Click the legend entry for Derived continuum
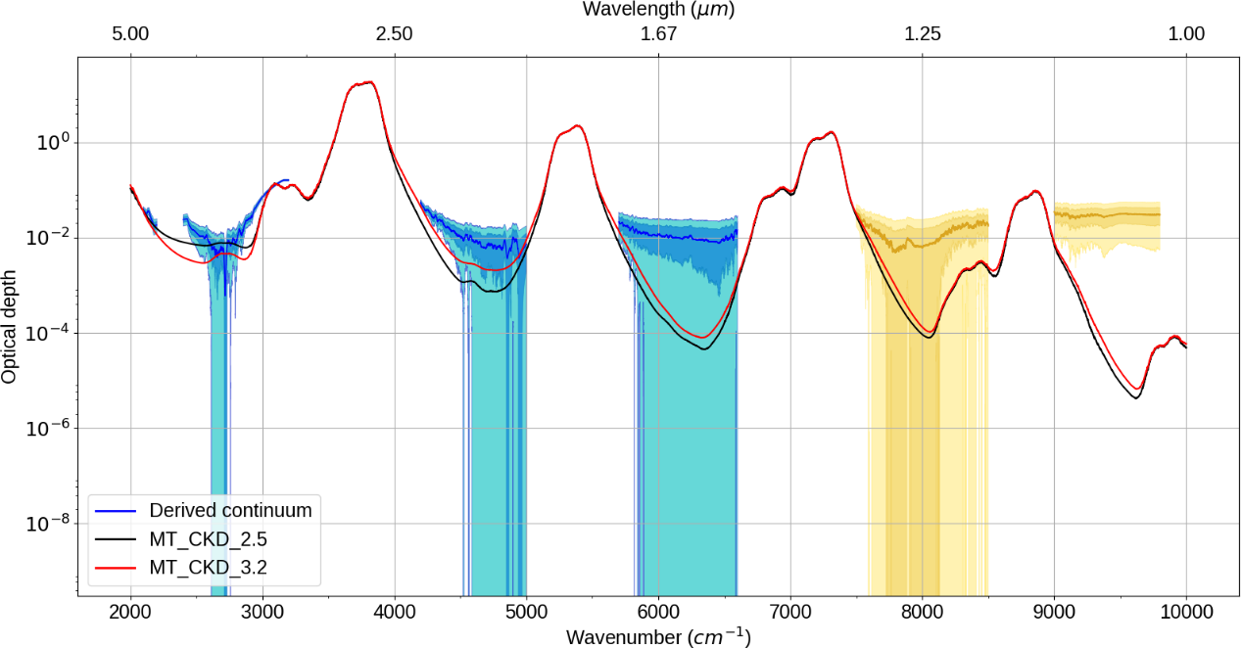click(230, 510)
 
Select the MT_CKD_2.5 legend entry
click(208, 538)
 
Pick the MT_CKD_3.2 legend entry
click(208, 567)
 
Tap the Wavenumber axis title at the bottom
click(658, 636)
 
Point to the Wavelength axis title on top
click(658, 10)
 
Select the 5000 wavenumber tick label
click(526, 613)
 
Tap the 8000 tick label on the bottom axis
click(922, 613)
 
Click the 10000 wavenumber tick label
click(1186, 613)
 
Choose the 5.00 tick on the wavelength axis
click(130, 33)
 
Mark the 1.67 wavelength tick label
click(658, 33)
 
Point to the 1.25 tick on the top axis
click(922, 33)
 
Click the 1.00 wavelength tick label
click(1186, 33)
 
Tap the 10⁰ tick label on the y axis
click(49, 143)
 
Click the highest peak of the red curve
click(370, 82)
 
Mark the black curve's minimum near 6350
click(704, 349)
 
